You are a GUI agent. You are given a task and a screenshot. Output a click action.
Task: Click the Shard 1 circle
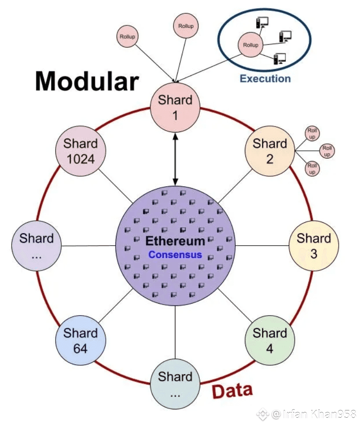click(x=175, y=107)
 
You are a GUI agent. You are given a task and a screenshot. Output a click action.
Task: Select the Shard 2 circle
click(x=269, y=151)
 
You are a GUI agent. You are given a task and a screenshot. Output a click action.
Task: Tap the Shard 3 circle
click(x=314, y=246)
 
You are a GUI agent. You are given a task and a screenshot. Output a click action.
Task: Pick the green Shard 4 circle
click(x=269, y=340)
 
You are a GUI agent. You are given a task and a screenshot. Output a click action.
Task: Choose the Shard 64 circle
click(x=80, y=340)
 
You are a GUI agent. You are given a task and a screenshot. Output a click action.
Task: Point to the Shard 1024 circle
click(x=80, y=151)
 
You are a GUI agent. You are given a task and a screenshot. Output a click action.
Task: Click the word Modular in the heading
click(x=87, y=81)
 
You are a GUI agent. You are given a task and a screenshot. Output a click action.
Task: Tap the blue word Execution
click(x=265, y=79)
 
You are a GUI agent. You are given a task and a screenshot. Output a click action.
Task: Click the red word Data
click(x=232, y=391)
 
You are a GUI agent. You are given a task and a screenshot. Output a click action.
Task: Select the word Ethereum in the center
click(x=175, y=241)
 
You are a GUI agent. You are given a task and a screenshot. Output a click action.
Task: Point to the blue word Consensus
click(x=175, y=254)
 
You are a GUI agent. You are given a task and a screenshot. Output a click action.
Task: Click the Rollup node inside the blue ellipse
click(x=250, y=45)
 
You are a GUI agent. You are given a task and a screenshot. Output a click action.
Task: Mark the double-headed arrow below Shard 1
click(x=175, y=157)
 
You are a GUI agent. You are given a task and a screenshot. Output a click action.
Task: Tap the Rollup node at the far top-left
click(x=128, y=36)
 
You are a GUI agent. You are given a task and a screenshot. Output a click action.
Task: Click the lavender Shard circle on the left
click(x=36, y=246)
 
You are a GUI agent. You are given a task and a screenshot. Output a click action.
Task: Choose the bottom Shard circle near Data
click(x=175, y=384)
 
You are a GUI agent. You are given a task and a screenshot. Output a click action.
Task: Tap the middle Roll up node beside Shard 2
click(x=327, y=150)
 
